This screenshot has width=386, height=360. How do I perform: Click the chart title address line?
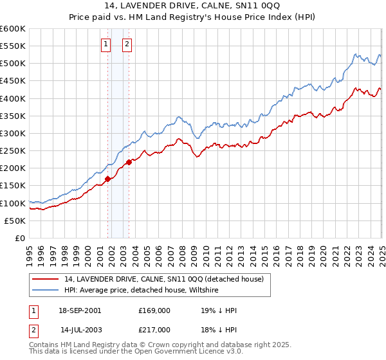point(192,6)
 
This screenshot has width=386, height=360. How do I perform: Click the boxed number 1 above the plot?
point(106,44)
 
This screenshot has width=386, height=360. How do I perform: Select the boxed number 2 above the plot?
point(127,44)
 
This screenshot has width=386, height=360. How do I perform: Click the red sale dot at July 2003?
point(129,162)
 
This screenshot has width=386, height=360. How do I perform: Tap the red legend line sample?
point(46,279)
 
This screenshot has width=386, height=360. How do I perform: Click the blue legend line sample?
point(46,290)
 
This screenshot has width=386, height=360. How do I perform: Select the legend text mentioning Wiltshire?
point(142,290)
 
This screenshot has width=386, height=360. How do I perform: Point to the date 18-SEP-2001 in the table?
point(80,310)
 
